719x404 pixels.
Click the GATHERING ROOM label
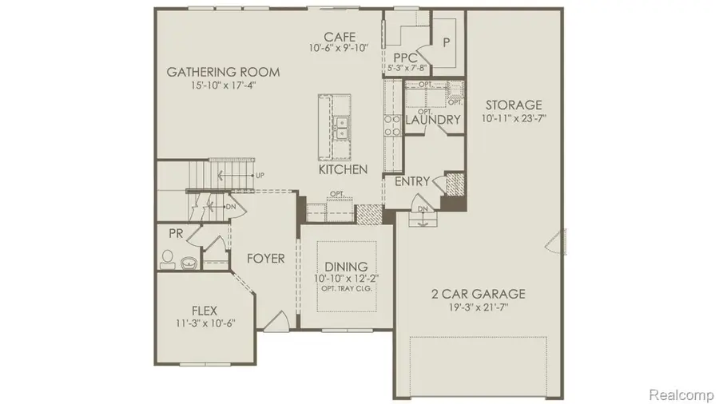tap(223, 72)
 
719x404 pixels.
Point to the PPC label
tap(406, 57)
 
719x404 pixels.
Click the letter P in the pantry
tap(445, 42)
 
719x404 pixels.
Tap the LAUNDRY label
tap(433, 120)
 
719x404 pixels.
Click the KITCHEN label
tap(343, 169)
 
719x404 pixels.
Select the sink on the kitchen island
tap(341, 126)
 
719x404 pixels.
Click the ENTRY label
tap(412, 181)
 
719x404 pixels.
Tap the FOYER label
tap(265, 258)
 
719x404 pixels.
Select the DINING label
tap(346, 266)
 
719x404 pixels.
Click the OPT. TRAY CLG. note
tap(346, 289)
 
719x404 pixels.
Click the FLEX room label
tap(205, 310)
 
